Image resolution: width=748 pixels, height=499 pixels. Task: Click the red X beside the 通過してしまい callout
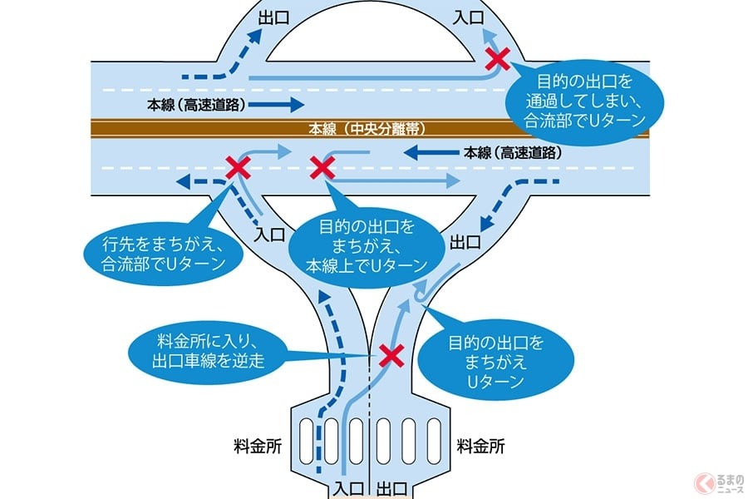498,58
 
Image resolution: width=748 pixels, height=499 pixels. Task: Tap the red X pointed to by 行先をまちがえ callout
238,168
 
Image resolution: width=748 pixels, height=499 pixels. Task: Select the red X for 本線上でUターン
322,168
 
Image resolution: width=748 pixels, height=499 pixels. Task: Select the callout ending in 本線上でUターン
367,245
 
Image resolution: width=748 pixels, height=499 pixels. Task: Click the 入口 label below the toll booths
350,486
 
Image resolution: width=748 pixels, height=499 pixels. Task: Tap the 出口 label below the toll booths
391,486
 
